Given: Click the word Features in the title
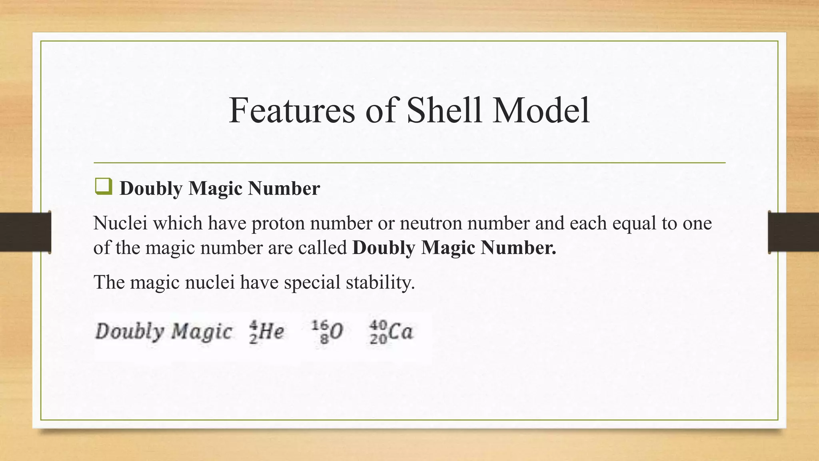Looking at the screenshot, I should (292, 110).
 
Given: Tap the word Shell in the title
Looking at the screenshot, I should (444, 110).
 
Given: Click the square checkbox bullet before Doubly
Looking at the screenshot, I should (103, 187).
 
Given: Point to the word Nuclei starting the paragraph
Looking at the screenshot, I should (120, 223).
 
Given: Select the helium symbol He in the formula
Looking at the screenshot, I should (272, 332).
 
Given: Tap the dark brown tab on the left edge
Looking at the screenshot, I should (25, 232).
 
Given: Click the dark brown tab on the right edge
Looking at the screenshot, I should (793, 232).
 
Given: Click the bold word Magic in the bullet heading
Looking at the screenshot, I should (215, 188).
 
